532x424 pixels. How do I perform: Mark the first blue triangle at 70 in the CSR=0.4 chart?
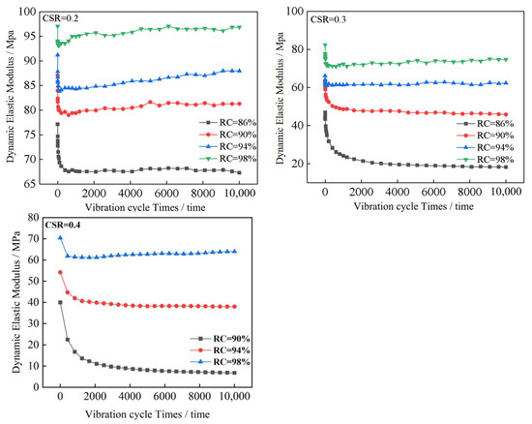pyautogui.click(x=60, y=238)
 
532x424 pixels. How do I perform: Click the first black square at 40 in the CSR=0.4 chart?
pyautogui.click(x=60, y=302)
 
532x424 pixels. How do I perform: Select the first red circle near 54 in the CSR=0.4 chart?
pyautogui.click(x=60, y=272)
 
